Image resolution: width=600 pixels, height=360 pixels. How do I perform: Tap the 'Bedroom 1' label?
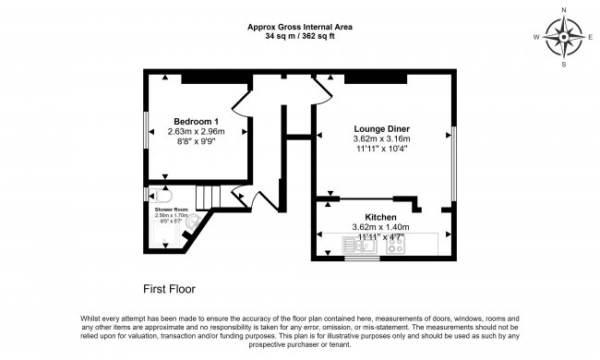(197, 122)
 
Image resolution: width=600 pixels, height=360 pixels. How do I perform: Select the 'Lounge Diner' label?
(381, 128)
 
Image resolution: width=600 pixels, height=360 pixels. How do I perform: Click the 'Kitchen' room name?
(380, 217)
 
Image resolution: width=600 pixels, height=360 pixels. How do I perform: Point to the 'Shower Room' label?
(170, 210)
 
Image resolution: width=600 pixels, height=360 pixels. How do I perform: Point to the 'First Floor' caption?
(169, 288)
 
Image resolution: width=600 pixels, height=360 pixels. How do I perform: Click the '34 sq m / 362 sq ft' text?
(300, 38)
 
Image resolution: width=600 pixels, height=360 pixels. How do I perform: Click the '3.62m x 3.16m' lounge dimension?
(381, 138)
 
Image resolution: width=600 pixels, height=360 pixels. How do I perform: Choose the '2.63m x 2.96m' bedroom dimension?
(197, 132)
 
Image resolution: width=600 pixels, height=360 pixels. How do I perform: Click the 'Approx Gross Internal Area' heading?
(300, 28)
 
